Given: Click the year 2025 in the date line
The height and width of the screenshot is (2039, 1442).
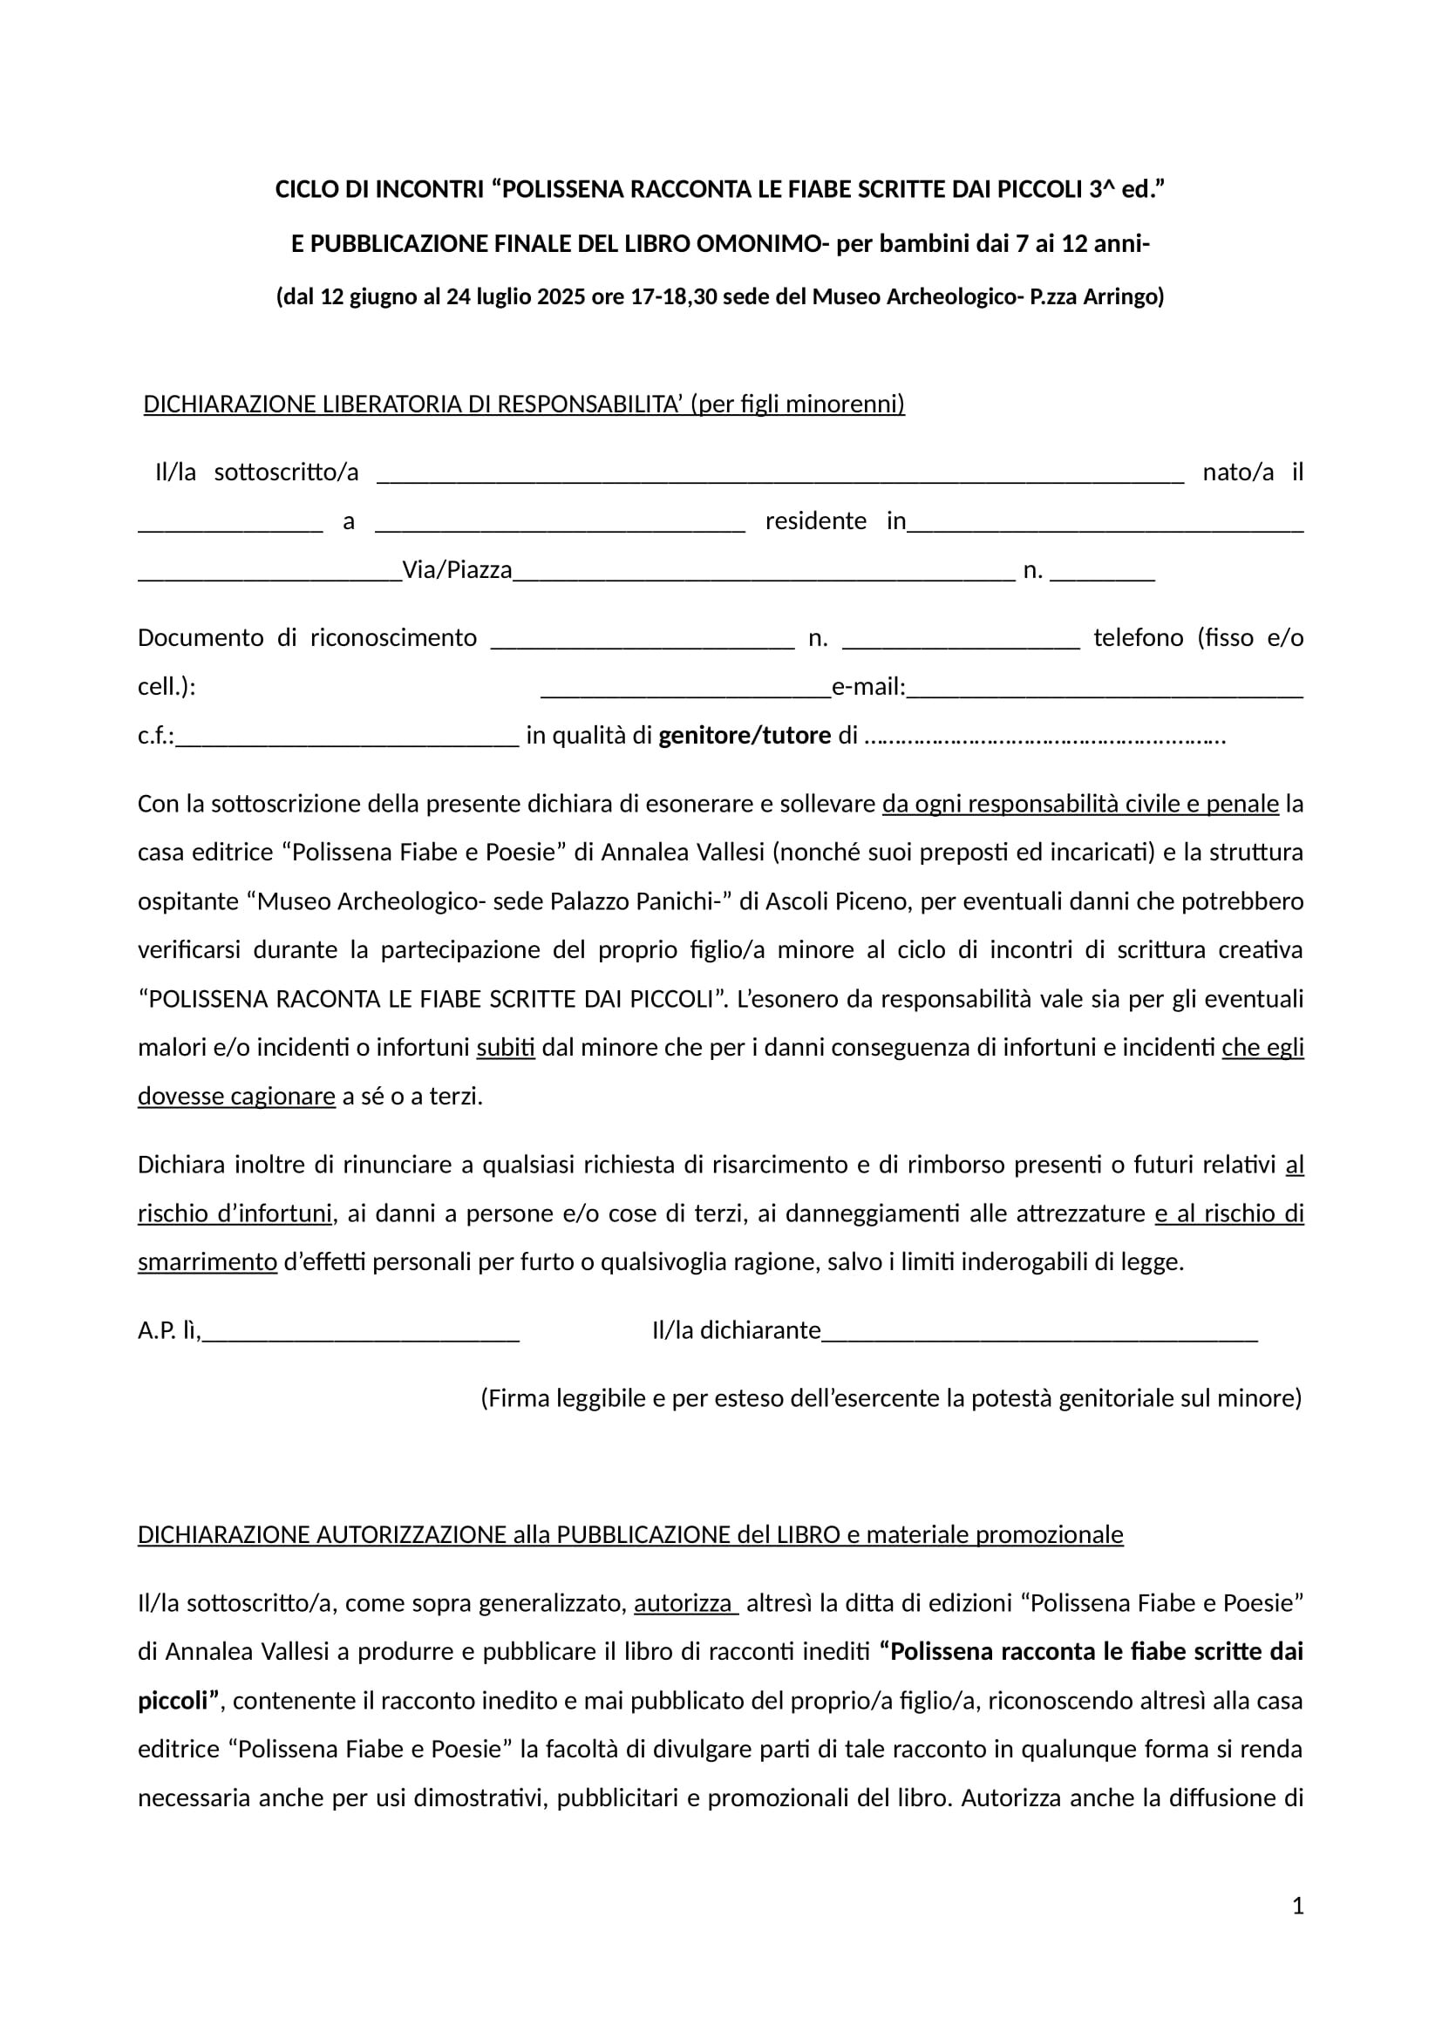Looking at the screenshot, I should pos(561,296).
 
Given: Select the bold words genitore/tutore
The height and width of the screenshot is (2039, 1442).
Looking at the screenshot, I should pos(744,737).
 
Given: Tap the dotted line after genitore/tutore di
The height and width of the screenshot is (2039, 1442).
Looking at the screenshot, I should pos(1044,738).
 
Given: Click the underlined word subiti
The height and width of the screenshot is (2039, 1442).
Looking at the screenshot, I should pos(506,1048).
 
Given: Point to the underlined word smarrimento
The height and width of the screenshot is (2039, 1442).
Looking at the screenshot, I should pos(207,1262).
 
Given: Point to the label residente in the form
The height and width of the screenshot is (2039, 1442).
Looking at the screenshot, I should pos(815,521).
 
